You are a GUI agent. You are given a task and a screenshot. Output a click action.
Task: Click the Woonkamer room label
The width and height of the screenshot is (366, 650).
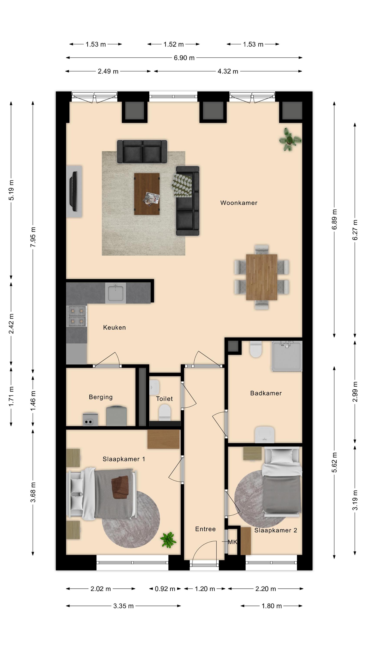[x=239, y=203]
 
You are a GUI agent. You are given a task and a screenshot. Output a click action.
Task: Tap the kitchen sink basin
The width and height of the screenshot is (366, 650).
[x=115, y=293]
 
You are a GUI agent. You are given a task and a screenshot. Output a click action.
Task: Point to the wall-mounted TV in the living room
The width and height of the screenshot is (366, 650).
[x=74, y=192]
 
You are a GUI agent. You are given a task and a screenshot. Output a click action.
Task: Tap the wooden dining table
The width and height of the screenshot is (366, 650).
[x=261, y=277]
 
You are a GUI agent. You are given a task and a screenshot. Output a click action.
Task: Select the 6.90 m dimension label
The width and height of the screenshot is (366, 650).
[x=184, y=58]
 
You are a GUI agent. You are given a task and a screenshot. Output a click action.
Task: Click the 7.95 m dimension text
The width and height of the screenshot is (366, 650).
[x=33, y=237]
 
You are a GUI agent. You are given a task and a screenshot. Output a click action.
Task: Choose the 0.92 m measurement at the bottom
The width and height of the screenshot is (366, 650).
[x=165, y=589]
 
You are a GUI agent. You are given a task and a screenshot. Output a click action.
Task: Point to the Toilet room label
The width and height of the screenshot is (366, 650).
[x=164, y=399]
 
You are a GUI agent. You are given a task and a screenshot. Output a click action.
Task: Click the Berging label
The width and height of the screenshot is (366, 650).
[x=101, y=397]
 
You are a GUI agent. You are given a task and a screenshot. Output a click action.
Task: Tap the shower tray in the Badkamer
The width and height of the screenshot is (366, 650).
[x=287, y=356]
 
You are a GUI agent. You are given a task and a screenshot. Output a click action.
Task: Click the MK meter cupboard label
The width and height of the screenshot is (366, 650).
[x=232, y=542]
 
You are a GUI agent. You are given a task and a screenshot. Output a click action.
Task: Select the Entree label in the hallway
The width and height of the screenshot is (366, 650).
[x=205, y=529]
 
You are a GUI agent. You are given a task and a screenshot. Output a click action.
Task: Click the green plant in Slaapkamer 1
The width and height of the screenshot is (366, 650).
[x=168, y=540]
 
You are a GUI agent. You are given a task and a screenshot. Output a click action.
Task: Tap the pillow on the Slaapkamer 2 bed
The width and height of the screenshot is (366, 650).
[x=282, y=455]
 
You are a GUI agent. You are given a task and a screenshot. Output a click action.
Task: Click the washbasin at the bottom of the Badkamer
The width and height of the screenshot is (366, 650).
[x=265, y=434]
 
